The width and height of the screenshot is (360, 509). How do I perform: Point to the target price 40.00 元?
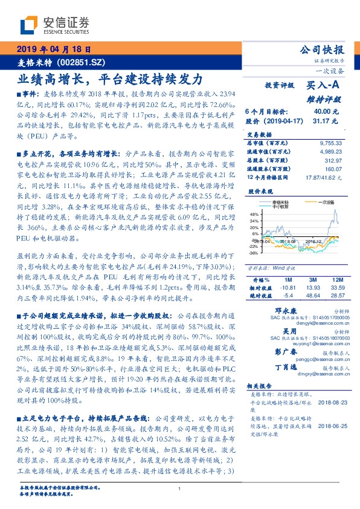321,112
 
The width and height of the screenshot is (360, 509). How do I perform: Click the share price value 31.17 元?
321,121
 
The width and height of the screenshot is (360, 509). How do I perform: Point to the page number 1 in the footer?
180,489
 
